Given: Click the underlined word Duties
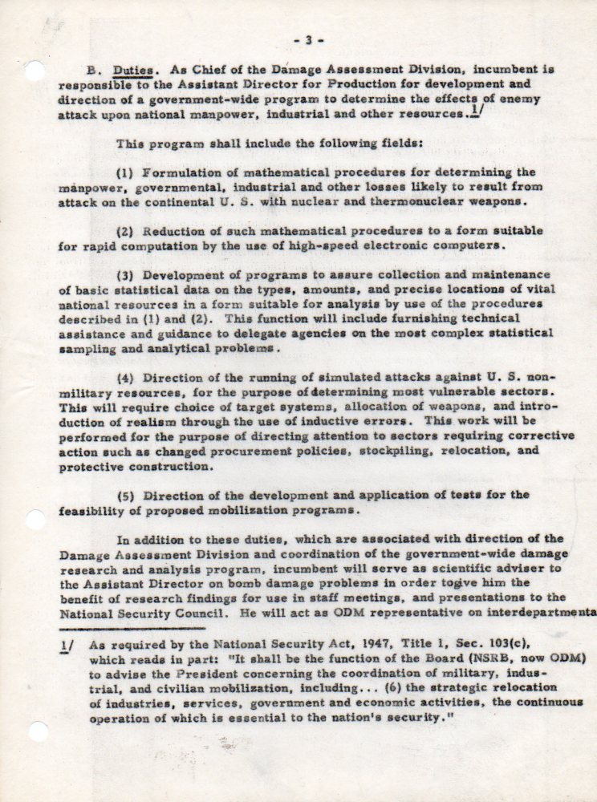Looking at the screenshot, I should pos(132,70).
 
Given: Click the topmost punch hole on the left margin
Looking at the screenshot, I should pos(35,71).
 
